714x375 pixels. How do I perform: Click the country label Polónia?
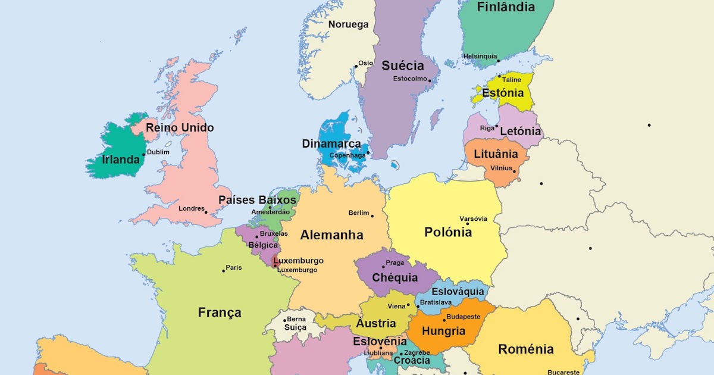(448, 232)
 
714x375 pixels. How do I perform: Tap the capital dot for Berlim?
(372, 215)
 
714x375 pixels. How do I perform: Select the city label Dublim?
(158, 152)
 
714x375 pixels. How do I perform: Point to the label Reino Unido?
(180, 128)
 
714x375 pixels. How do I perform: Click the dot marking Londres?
(206, 212)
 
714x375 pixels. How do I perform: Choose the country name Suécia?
(403, 65)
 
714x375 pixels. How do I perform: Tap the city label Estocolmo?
(410, 79)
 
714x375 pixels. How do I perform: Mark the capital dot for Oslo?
(356, 66)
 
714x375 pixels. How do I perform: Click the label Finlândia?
(506, 8)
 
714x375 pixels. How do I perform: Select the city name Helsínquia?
(480, 57)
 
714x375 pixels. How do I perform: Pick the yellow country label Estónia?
(503, 93)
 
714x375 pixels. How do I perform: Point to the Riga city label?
(487, 128)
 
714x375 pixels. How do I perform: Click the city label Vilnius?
(501, 168)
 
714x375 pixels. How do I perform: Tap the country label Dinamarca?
(331, 144)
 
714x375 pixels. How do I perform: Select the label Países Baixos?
(257, 200)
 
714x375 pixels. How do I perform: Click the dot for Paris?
(224, 271)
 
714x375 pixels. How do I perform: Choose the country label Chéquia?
(394, 278)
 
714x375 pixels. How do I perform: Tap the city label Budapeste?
(463, 317)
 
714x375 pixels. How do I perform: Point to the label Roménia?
(526, 349)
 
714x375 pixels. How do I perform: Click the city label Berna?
(296, 319)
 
